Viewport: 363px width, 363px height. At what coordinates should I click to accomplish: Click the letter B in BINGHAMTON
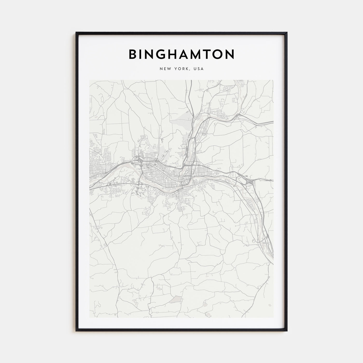(x=133, y=54)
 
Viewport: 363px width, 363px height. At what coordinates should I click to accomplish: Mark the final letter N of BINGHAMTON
(x=230, y=54)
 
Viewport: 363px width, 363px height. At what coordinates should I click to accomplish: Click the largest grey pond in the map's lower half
(x=177, y=300)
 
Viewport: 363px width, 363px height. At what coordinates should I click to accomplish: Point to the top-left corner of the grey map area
(x=90, y=80)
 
